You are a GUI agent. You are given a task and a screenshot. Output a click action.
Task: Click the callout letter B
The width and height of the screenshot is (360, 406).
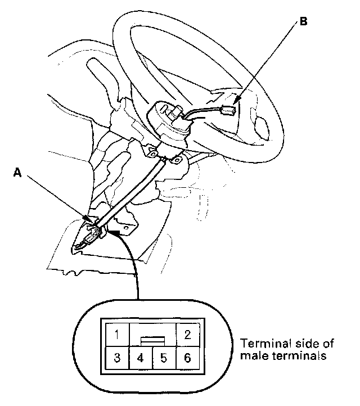click(304, 22)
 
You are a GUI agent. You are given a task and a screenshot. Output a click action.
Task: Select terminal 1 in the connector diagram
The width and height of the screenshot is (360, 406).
click(116, 336)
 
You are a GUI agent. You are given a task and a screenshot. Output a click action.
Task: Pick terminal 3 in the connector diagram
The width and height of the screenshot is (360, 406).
click(116, 358)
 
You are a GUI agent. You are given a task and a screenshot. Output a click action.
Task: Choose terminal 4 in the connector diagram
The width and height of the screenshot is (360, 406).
click(141, 358)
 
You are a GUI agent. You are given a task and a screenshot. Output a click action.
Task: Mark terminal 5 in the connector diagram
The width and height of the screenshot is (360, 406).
click(164, 358)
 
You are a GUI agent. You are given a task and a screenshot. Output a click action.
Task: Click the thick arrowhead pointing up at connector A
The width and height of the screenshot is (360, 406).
click(116, 230)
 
